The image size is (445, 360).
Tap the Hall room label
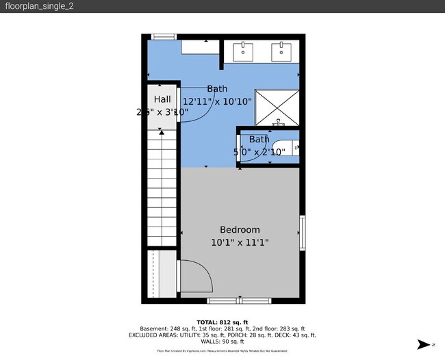(162, 99)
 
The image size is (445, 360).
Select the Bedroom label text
(240, 230)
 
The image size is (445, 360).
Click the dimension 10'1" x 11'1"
(240, 242)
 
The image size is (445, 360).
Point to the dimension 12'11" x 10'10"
(217, 101)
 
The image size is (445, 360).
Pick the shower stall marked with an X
(277, 107)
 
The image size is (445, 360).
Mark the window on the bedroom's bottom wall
(239, 300)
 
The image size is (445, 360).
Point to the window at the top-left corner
(164, 37)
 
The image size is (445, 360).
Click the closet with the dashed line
(162, 274)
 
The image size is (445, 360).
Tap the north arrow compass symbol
(424, 345)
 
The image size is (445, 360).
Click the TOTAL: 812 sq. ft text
(222, 322)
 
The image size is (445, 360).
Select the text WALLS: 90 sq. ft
(222, 342)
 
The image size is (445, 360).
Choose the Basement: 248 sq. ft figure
(164, 329)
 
